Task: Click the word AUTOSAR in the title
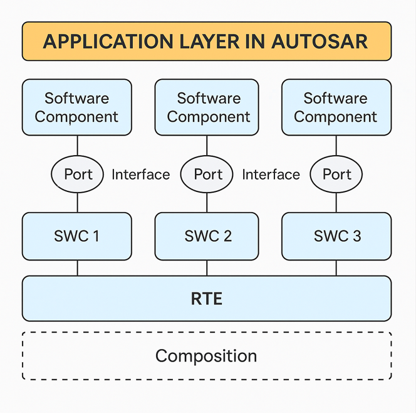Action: (x=319, y=41)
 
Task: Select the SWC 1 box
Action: (x=77, y=236)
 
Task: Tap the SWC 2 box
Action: (x=207, y=236)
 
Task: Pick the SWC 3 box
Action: (x=336, y=236)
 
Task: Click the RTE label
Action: (x=207, y=299)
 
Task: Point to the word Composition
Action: (x=206, y=356)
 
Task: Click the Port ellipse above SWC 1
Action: (x=77, y=174)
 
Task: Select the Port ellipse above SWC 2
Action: (x=207, y=174)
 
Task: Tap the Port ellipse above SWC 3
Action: (x=336, y=174)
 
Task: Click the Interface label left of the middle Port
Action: (x=141, y=174)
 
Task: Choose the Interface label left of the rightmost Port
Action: (x=271, y=174)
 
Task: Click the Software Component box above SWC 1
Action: (x=77, y=107)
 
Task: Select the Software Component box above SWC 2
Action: (x=207, y=107)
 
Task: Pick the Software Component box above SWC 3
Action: (x=336, y=107)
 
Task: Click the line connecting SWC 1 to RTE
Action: (x=78, y=268)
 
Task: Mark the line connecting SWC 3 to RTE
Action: (x=336, y=268)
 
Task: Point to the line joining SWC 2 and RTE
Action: (x=207, y=268)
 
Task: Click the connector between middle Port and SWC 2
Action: (x=207, y=203)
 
